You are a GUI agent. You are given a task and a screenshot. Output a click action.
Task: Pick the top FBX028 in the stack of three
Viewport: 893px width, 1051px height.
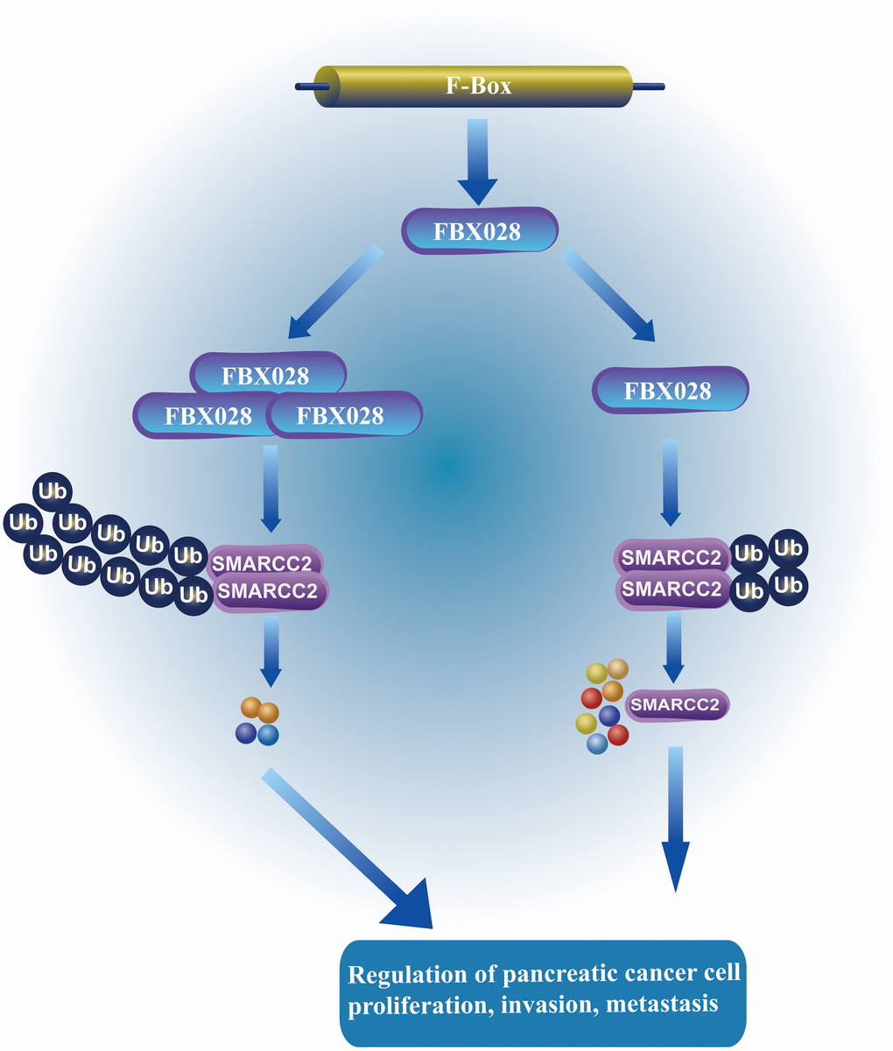(x=266, y=375)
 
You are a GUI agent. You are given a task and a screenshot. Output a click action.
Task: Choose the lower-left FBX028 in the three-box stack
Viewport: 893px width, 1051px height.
(x=208, y=415)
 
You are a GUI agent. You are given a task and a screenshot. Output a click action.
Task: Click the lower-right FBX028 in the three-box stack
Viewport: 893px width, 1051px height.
(x=341, y=415)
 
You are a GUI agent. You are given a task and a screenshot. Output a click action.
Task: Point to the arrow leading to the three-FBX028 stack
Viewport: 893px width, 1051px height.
(x=333, y=293)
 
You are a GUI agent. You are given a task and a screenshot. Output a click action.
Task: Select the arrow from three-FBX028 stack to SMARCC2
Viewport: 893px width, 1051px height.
(x=271, y=486)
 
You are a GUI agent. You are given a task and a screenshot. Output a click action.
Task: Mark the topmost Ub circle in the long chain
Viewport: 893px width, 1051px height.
(x=53, y=490)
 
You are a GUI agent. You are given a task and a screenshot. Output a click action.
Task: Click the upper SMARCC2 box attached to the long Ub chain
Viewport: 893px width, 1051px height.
(x=265, y=559)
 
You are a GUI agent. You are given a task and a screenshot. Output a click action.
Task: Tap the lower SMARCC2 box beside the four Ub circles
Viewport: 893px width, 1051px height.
(x=671, y=589)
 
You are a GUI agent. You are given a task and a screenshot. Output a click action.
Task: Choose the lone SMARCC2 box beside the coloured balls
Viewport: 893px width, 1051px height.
(x=678, y=703)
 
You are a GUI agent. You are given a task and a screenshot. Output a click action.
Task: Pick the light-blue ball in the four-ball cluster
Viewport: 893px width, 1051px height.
(x=268, y=735)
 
